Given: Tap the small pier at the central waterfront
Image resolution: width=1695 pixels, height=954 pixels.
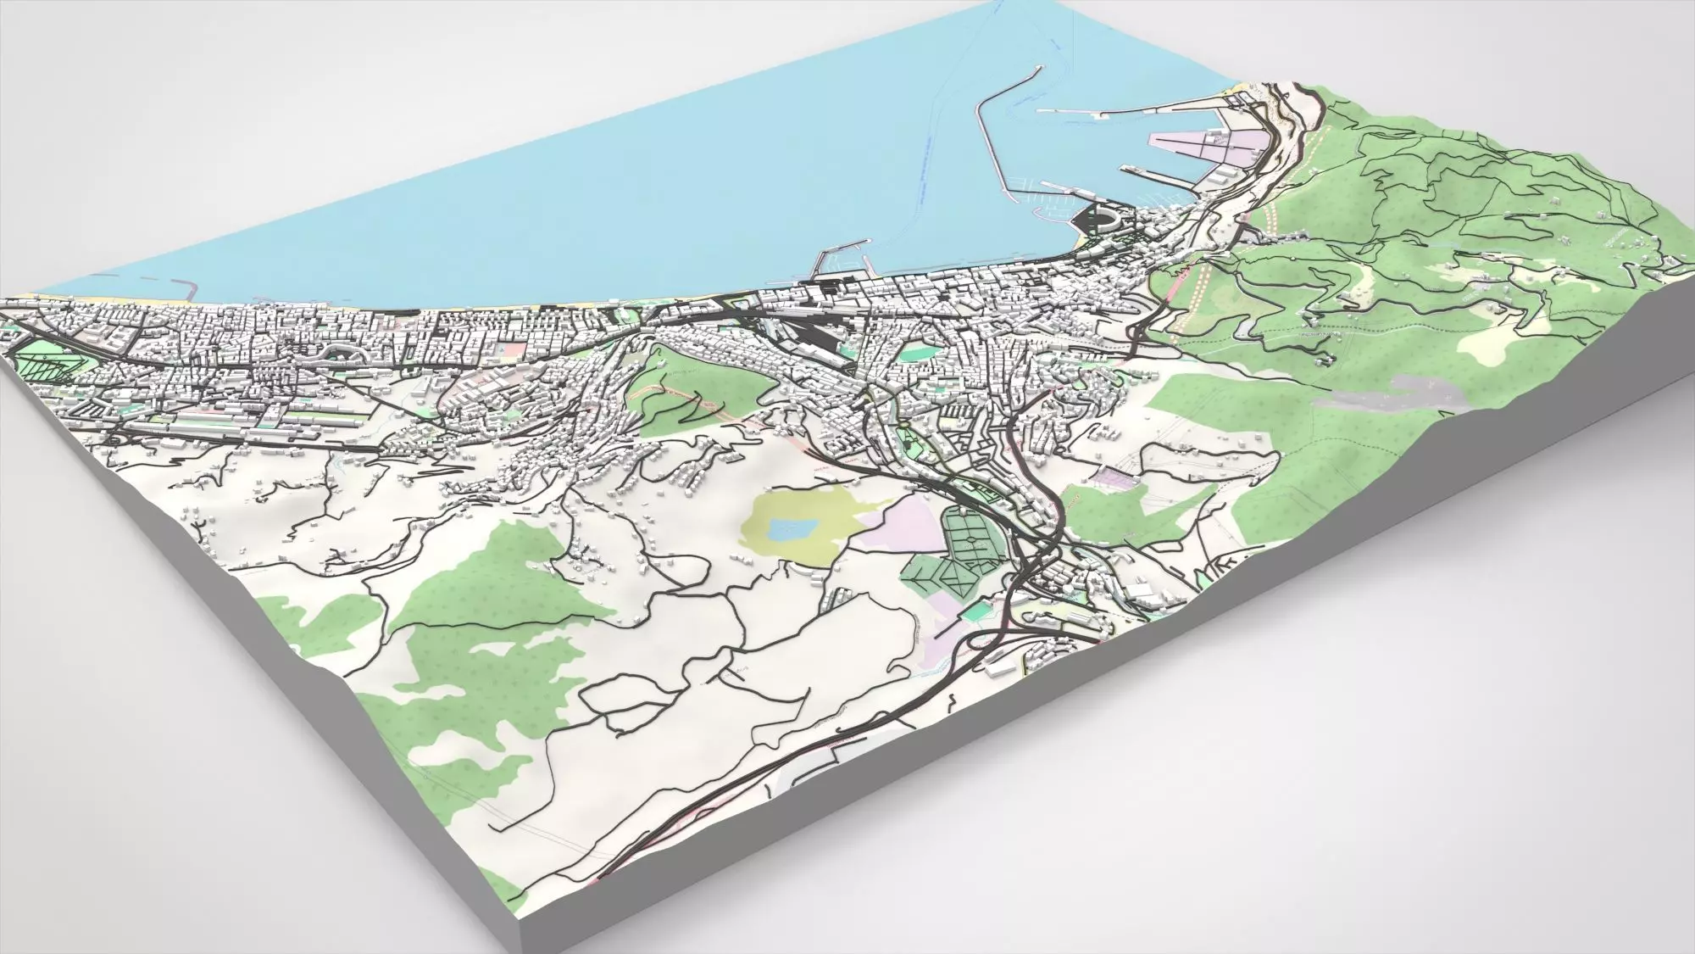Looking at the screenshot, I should pos(835,263).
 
